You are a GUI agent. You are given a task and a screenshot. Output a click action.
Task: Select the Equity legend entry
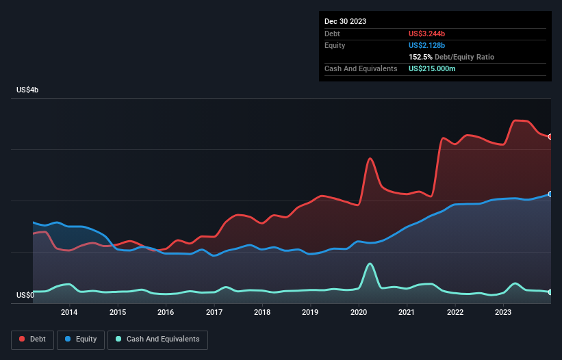(81, 339)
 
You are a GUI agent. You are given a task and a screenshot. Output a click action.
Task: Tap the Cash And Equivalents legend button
(157, 339)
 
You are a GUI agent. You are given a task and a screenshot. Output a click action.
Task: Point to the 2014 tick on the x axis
(69, 313)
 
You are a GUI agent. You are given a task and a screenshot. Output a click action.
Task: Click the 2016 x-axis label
(166, 313)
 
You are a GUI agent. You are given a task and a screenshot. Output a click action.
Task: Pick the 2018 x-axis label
(261, 313)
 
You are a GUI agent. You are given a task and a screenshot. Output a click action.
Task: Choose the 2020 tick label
(358, 313)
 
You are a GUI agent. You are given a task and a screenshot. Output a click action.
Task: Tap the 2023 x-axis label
(502, 313)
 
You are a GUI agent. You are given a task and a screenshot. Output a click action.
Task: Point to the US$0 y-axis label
(25, 296)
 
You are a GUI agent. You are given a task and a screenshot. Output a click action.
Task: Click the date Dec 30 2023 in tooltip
(345, 21)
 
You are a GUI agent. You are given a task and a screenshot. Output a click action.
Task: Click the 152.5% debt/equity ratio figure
(420, 57)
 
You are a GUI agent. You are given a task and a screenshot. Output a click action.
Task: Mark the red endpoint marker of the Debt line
(550, 137)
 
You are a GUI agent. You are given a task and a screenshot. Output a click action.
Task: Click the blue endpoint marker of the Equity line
(550, 194)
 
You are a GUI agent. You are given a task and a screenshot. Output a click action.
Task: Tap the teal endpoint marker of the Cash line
(550, 292)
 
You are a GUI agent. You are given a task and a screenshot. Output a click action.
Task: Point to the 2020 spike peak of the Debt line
(370, 158)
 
